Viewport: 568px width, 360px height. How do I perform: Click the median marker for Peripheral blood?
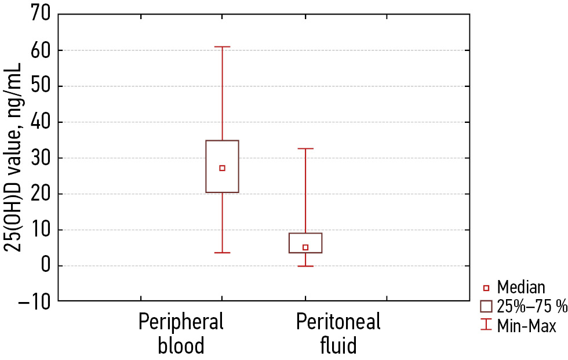click(222, 168)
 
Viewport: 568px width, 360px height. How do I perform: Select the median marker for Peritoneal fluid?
click(305, 248)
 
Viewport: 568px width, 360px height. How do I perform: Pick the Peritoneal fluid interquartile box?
click(305, 239)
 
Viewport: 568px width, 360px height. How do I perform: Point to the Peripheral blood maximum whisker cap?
click(222, 47)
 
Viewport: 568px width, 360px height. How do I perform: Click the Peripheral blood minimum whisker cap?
click(222, 253)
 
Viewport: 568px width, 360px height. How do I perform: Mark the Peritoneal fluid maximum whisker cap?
click(305, 149)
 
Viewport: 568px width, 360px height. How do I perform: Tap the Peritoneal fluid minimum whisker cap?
click(305, 266)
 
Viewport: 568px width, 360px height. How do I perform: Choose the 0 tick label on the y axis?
click(46, 266)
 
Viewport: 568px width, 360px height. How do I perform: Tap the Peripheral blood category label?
click(181, 333)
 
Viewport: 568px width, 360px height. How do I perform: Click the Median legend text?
click(521, 288)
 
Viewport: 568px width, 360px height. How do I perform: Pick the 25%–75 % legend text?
click(531, 307)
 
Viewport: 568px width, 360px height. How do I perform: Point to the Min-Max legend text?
click(526, 326)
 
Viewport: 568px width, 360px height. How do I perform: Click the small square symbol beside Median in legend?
click(486, 288)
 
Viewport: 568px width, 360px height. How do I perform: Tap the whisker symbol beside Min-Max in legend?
click(486, 326)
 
